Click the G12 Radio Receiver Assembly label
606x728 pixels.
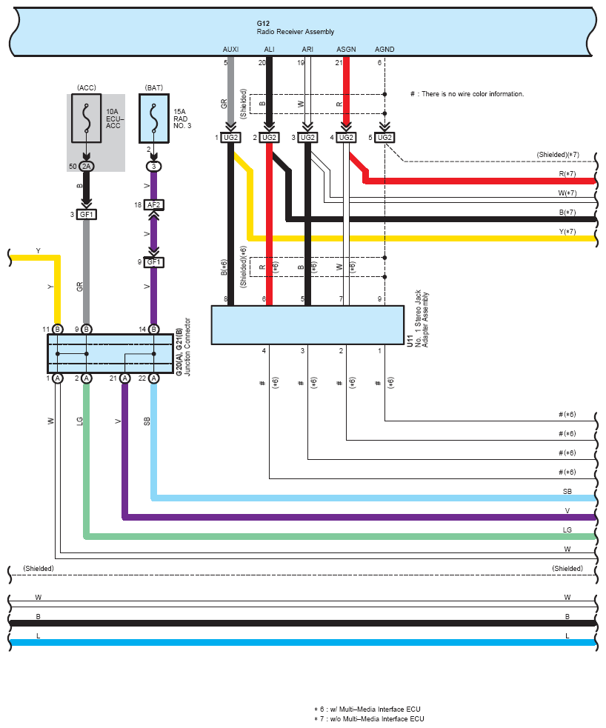[295, 28]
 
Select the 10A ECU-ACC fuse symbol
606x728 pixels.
[87, 118]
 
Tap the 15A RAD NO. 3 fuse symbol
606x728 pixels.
[153, 118]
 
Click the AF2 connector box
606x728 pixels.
[153, 204]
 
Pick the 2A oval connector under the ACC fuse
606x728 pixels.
[87, 166]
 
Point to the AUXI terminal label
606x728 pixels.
[231, 50]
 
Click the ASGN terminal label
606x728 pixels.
[346, 50]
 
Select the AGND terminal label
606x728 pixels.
[384, 50]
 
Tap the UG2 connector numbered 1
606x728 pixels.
[231, 138]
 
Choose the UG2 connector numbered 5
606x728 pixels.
[384, 138]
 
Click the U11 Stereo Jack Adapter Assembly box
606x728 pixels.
[307, 324]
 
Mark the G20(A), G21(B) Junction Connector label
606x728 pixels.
[182, 348]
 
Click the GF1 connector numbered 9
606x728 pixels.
[153, 262]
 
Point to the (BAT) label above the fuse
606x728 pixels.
[154, 87]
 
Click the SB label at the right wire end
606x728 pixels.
[567, 492]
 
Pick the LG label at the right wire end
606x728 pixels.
[567, 530]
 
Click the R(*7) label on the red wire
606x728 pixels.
[567, 174]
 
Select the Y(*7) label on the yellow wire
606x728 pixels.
[567, 232]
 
